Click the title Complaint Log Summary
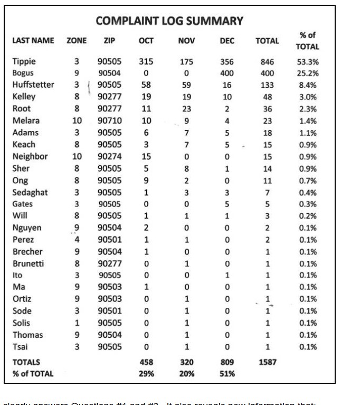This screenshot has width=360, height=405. [x=169, y=21]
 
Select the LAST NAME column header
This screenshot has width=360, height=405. [x=33, y=41]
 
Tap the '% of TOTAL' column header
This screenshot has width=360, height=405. [x=307, y=41]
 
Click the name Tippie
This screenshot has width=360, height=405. [x=24, y=61]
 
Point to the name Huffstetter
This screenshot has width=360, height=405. [x=33, y=85]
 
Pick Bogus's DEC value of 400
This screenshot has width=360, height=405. [x=227, y=73]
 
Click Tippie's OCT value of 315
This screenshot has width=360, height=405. [x=146, y=61]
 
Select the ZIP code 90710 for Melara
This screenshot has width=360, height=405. [x=110, y=120]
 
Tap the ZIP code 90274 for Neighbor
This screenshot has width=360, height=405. [x=110, y=156]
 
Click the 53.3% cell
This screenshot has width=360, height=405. [x=308, y=61]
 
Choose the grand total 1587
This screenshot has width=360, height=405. [x=268, y=362]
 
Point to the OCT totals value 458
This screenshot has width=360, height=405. [x=146, y=362]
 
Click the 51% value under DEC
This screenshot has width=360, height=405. [x=227, y=374]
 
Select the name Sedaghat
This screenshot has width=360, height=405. [x=30, y=192]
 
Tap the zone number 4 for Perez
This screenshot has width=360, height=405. [x=77, y=240]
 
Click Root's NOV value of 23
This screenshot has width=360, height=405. [x=187, y=109]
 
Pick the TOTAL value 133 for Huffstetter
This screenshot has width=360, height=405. [x=268, y=85]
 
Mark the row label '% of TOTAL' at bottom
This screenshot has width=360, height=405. [x=33, y=374]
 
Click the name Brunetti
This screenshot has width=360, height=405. [x=29, y=263]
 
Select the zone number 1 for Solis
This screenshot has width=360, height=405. [x=77, y=323]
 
